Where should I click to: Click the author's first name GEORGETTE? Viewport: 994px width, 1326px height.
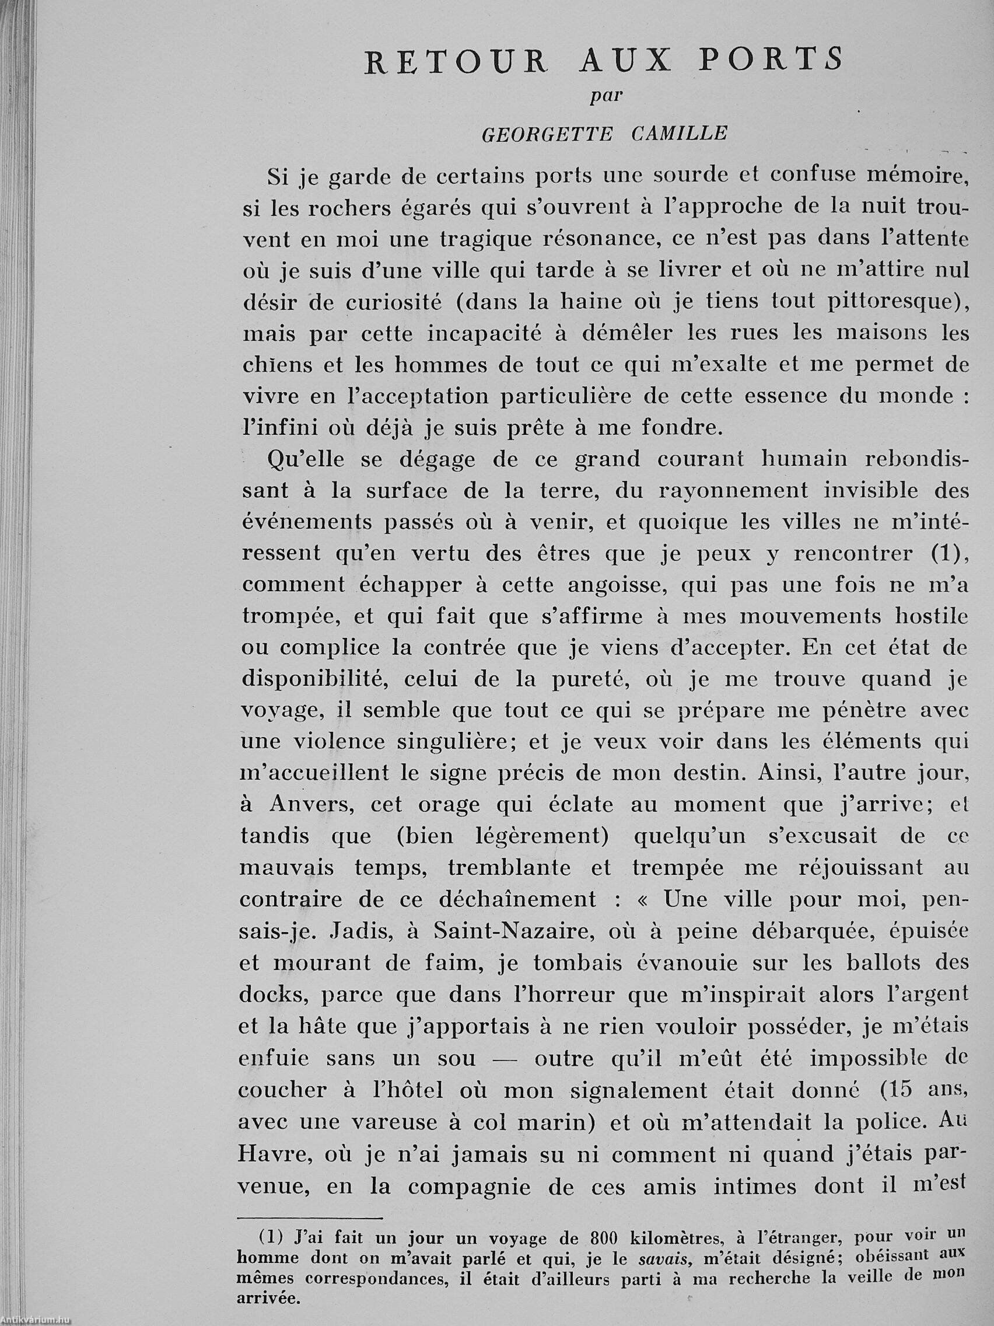tap(547, 134)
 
